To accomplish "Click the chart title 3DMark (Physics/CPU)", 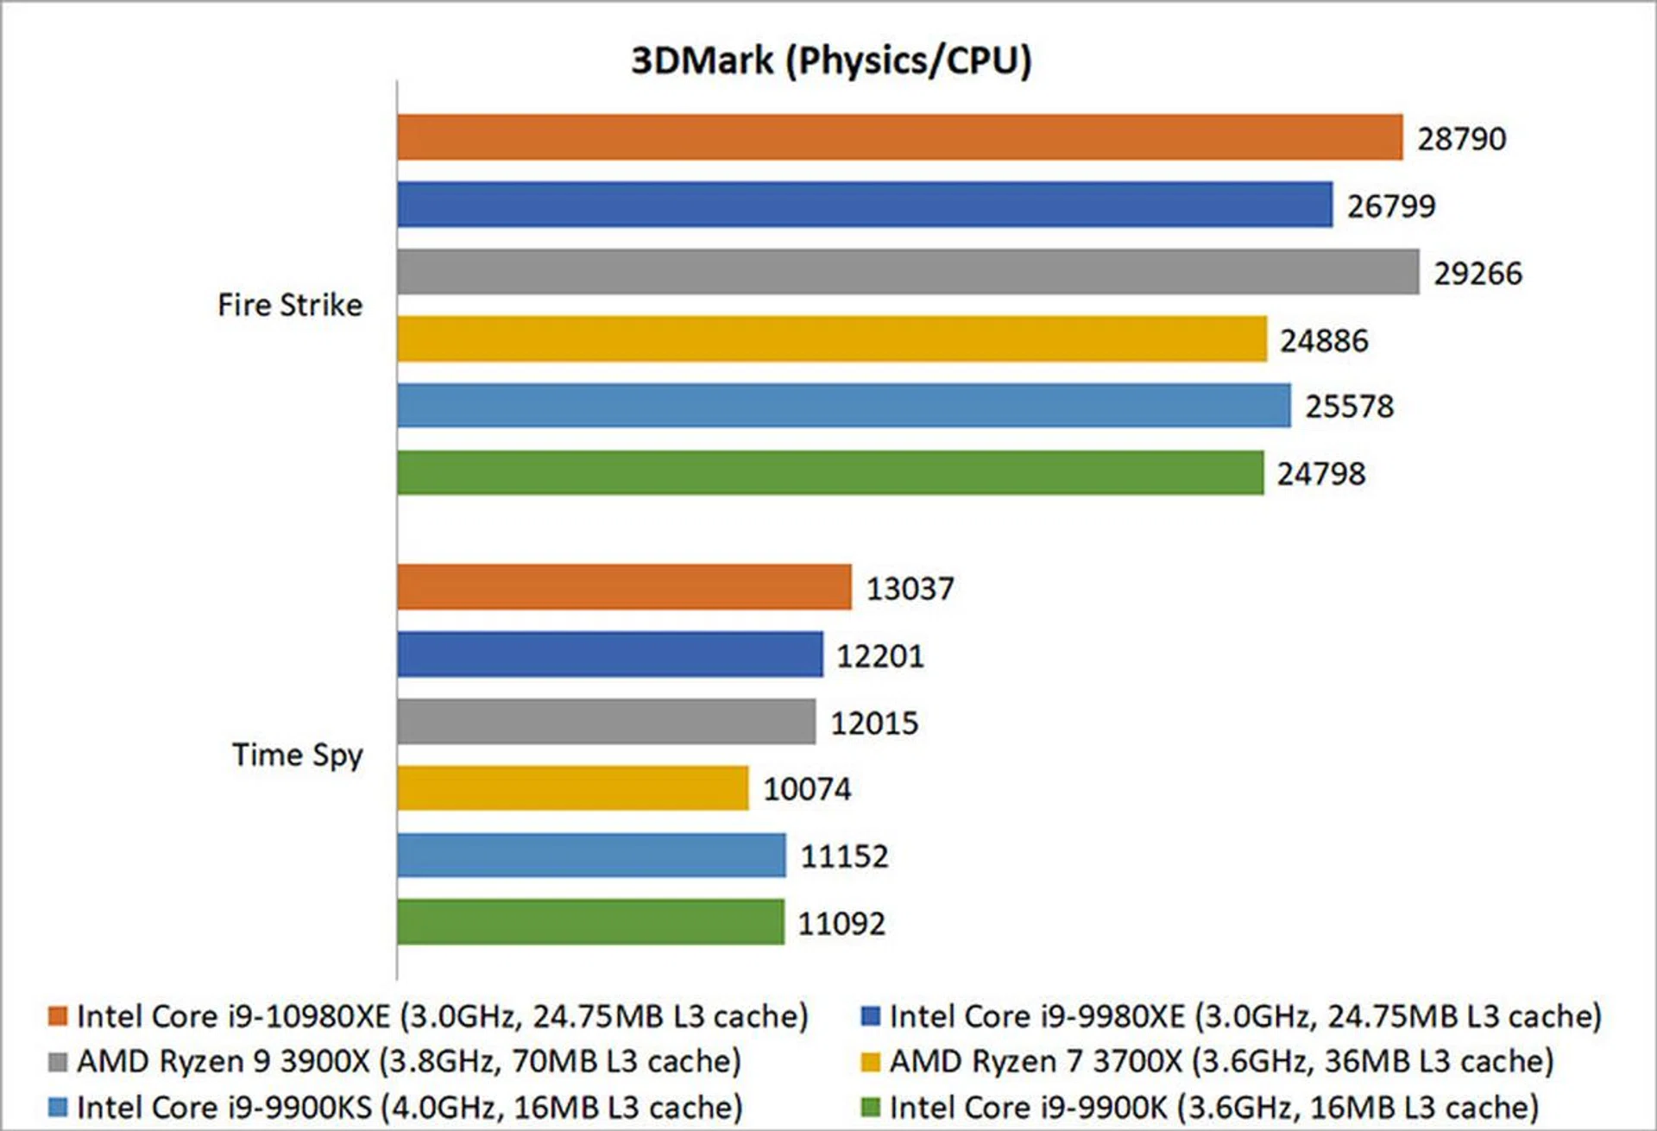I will pos(831,60).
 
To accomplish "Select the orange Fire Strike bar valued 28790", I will pos(899,137).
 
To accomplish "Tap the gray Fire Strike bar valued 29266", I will pos(908,272).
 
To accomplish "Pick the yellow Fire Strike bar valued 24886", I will pos(832,339).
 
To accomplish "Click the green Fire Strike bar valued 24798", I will pos(830,473).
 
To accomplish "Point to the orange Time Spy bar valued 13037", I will pos(624,587).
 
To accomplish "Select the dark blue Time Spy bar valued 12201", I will pos(610,654).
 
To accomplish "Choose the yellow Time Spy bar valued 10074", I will pos(573,788).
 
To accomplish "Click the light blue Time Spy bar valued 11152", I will pos(591,856).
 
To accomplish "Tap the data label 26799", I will pos(1391,206).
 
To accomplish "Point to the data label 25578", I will pos(1349,407).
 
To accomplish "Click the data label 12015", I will pos(874,723).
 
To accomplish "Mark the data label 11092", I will pos(841,924).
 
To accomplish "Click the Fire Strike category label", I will pos(290,305).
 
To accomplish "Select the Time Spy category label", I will pos(298,755).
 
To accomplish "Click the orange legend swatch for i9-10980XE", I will pos(58,1016).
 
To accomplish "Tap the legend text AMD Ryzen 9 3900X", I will pos(409,1061).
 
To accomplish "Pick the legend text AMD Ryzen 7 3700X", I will pos(1221,1061).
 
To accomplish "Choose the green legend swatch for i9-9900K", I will pos(871,1107).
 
